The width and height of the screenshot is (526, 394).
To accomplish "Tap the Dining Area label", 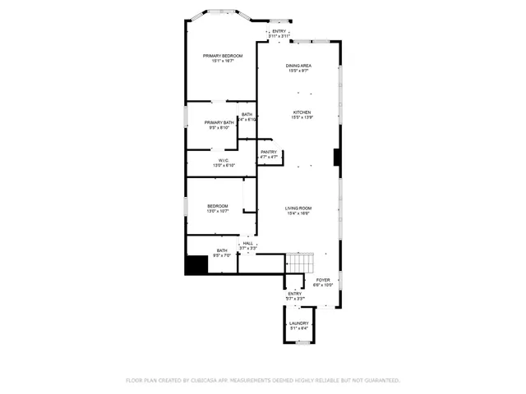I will coord(298,66).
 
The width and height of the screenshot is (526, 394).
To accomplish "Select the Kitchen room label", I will coord(302,112).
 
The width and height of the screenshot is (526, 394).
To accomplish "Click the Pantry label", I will coord(269,152).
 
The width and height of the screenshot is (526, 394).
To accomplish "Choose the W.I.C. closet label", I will coord(223,160).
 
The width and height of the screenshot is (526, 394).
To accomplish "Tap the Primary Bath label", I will coord(219,122).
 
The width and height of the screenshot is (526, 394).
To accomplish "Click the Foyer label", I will coord(323,280).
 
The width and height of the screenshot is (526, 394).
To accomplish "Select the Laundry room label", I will coord(298,323).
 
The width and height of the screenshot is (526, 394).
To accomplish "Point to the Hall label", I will coord(247,243).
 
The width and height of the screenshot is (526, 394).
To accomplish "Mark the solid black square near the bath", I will coord(196,266).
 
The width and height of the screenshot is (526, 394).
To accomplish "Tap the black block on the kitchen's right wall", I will coord(337,157).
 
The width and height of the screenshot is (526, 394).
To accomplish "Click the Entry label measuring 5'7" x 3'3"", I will coord(294,294).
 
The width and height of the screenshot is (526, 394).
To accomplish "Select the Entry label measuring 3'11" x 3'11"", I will coord(279,31).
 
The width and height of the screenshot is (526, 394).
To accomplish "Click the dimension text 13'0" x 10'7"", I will coord(218,211).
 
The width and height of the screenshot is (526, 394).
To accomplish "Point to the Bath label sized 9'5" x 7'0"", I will coord(222,250).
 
